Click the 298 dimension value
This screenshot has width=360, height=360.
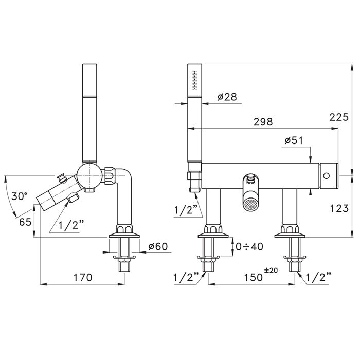(263, 122)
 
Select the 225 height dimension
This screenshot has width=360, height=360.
(339, 117)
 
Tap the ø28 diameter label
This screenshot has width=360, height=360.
(227, 97)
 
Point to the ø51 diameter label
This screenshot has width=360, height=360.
(294, 140)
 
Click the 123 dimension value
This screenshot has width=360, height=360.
(339, 208)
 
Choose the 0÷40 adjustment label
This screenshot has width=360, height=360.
(249, 246)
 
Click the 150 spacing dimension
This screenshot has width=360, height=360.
(253, 277)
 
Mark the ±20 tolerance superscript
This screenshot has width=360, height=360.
(271, 270)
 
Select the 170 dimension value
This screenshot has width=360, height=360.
(83, 277)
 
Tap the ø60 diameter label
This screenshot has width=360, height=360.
(158, 246)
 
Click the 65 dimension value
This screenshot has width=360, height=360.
(25, 222)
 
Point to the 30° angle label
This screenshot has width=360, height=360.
(20, 196)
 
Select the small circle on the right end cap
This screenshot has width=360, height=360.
(326, 176)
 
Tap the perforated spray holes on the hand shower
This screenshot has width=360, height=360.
(194, 80)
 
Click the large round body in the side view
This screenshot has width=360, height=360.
(89, 176)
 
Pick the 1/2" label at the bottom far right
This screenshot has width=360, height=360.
(319, 277)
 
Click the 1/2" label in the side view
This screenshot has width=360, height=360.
(71, 225)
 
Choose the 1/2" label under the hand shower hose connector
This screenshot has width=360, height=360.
(186, 210)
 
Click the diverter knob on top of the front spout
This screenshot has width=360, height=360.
(250, 179)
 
